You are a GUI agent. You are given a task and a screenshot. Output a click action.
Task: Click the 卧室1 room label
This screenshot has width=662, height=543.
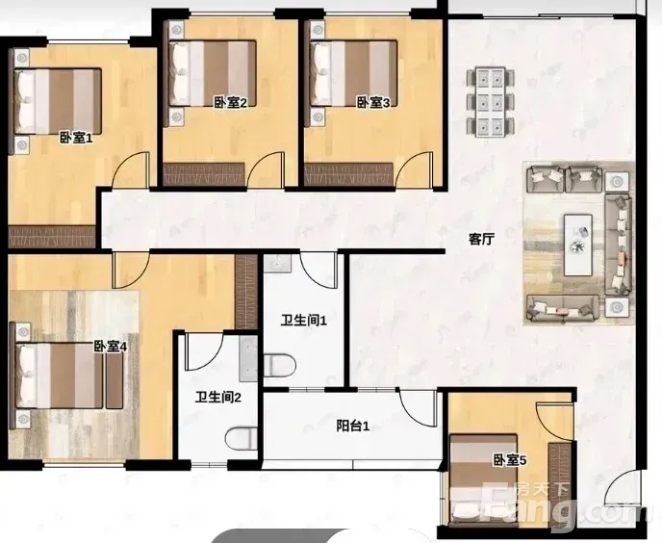76,138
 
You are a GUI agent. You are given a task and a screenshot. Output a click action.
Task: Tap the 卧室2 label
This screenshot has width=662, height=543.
230,103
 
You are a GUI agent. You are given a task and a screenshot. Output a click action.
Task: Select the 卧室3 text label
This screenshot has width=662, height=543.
373,103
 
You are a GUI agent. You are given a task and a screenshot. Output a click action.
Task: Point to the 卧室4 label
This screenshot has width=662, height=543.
111,347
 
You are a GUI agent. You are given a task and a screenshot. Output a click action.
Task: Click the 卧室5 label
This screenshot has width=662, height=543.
510,460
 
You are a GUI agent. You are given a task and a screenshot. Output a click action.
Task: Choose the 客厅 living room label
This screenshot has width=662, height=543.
481,240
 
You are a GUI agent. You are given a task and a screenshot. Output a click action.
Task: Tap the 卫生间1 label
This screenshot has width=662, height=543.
304,321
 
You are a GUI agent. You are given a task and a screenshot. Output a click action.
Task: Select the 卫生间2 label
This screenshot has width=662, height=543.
217,398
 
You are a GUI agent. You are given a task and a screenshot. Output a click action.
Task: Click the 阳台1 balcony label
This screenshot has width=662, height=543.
353,427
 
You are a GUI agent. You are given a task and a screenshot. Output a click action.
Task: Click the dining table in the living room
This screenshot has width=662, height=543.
491,102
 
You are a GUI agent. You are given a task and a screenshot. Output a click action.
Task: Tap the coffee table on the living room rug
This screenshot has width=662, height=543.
578,246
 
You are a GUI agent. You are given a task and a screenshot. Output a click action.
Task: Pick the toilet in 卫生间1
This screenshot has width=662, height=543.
279,366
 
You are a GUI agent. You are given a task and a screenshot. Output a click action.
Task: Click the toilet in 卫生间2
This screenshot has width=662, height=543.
242,439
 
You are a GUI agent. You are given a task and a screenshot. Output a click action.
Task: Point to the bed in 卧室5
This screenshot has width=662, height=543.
483,480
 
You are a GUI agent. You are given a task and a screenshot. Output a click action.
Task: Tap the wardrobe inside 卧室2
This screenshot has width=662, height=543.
204,174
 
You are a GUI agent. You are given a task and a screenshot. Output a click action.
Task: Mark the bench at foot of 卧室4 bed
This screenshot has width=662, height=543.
114,379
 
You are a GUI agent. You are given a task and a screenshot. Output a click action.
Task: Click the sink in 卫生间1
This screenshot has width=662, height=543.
277,263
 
